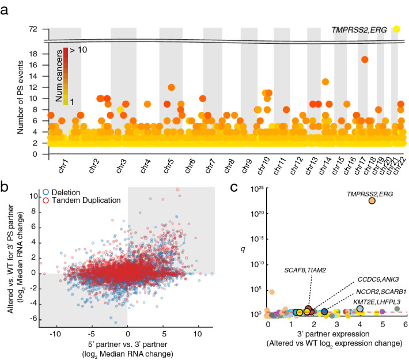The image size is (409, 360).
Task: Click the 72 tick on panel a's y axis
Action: coord(33,29)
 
